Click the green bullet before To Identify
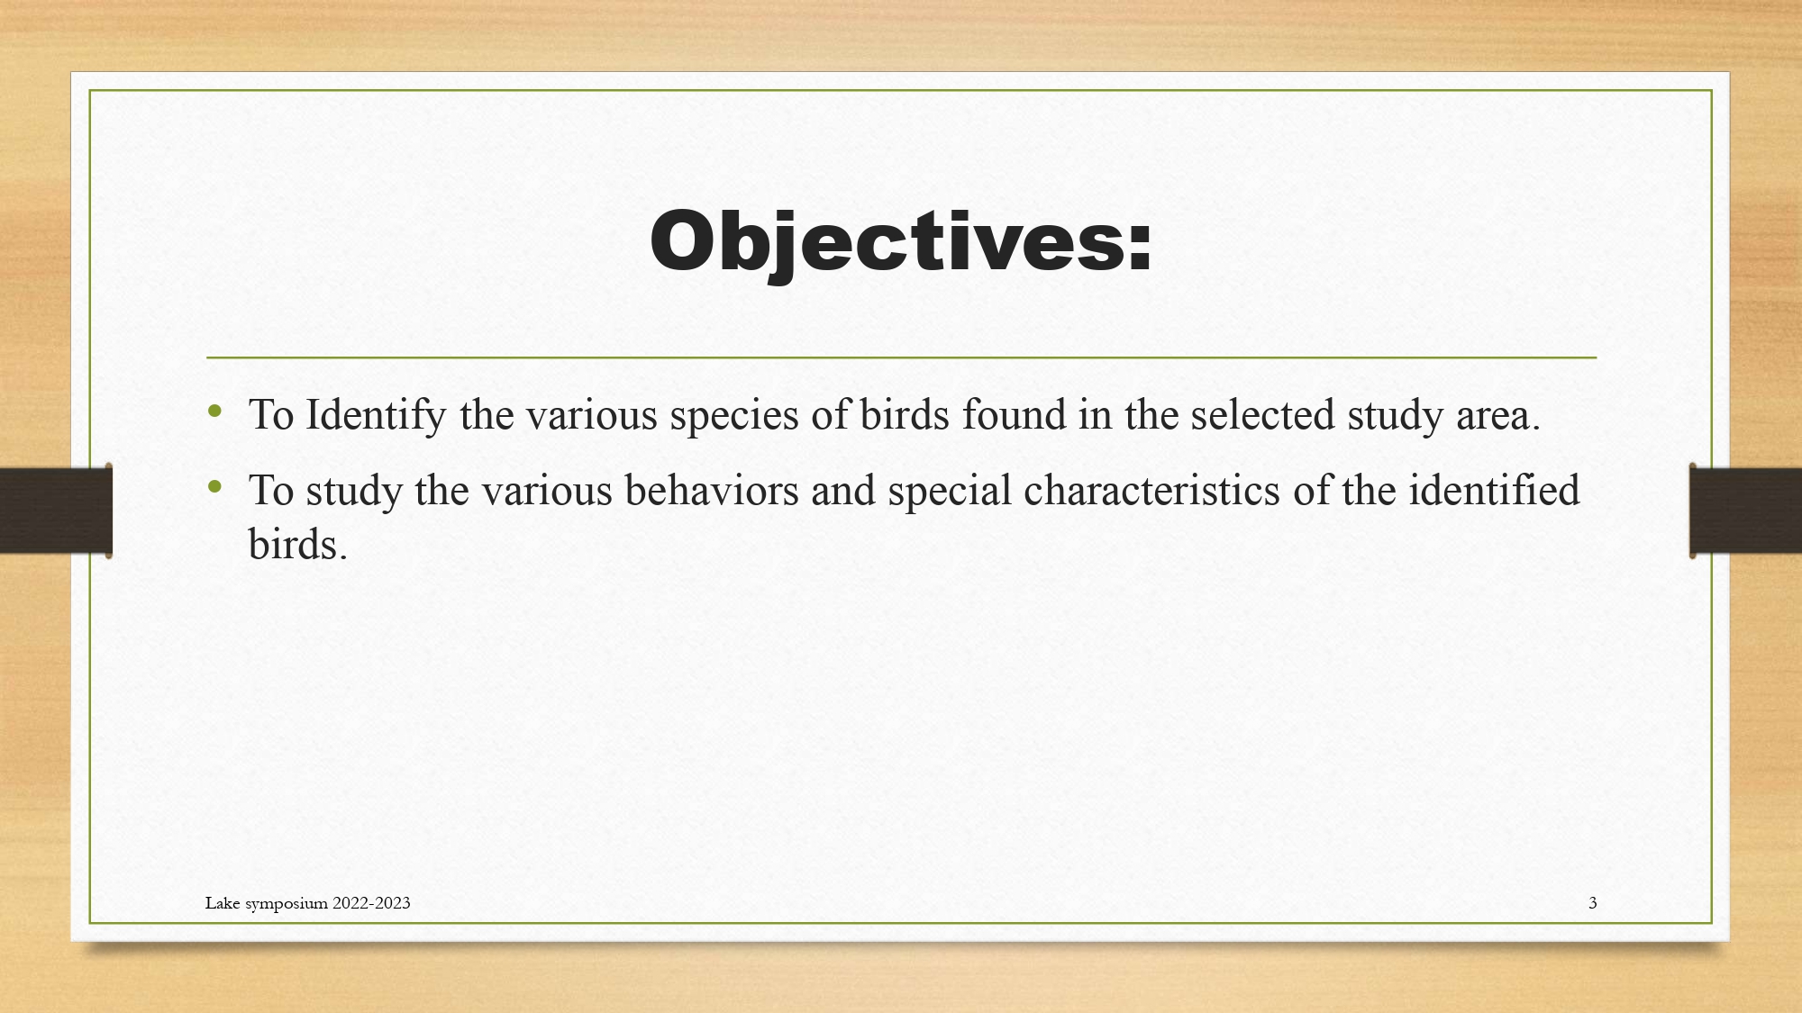[214, 412]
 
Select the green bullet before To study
[214, 487]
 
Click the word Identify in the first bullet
[376, 415]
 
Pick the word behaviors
[712, 490]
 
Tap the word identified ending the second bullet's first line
[1494, 490]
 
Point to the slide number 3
[1593, 903]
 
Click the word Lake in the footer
[223, 903]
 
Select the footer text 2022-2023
[371, 903]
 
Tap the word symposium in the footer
[287, 905]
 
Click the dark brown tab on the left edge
[56, 511]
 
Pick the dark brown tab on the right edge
[1745, 511]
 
